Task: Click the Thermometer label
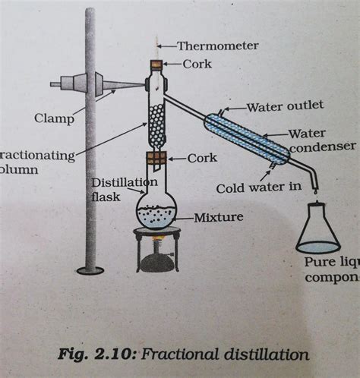(x=218, y=46)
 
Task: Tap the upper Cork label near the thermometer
(x=197, y=64)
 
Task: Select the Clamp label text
(x=53, y=118)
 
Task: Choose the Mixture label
(x=218, y=217)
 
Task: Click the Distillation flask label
(x=125, y=189)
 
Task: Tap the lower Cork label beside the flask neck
(x=202, y=158)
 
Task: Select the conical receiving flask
(x=317, y=233)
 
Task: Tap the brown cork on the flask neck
(x=156, y=159)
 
